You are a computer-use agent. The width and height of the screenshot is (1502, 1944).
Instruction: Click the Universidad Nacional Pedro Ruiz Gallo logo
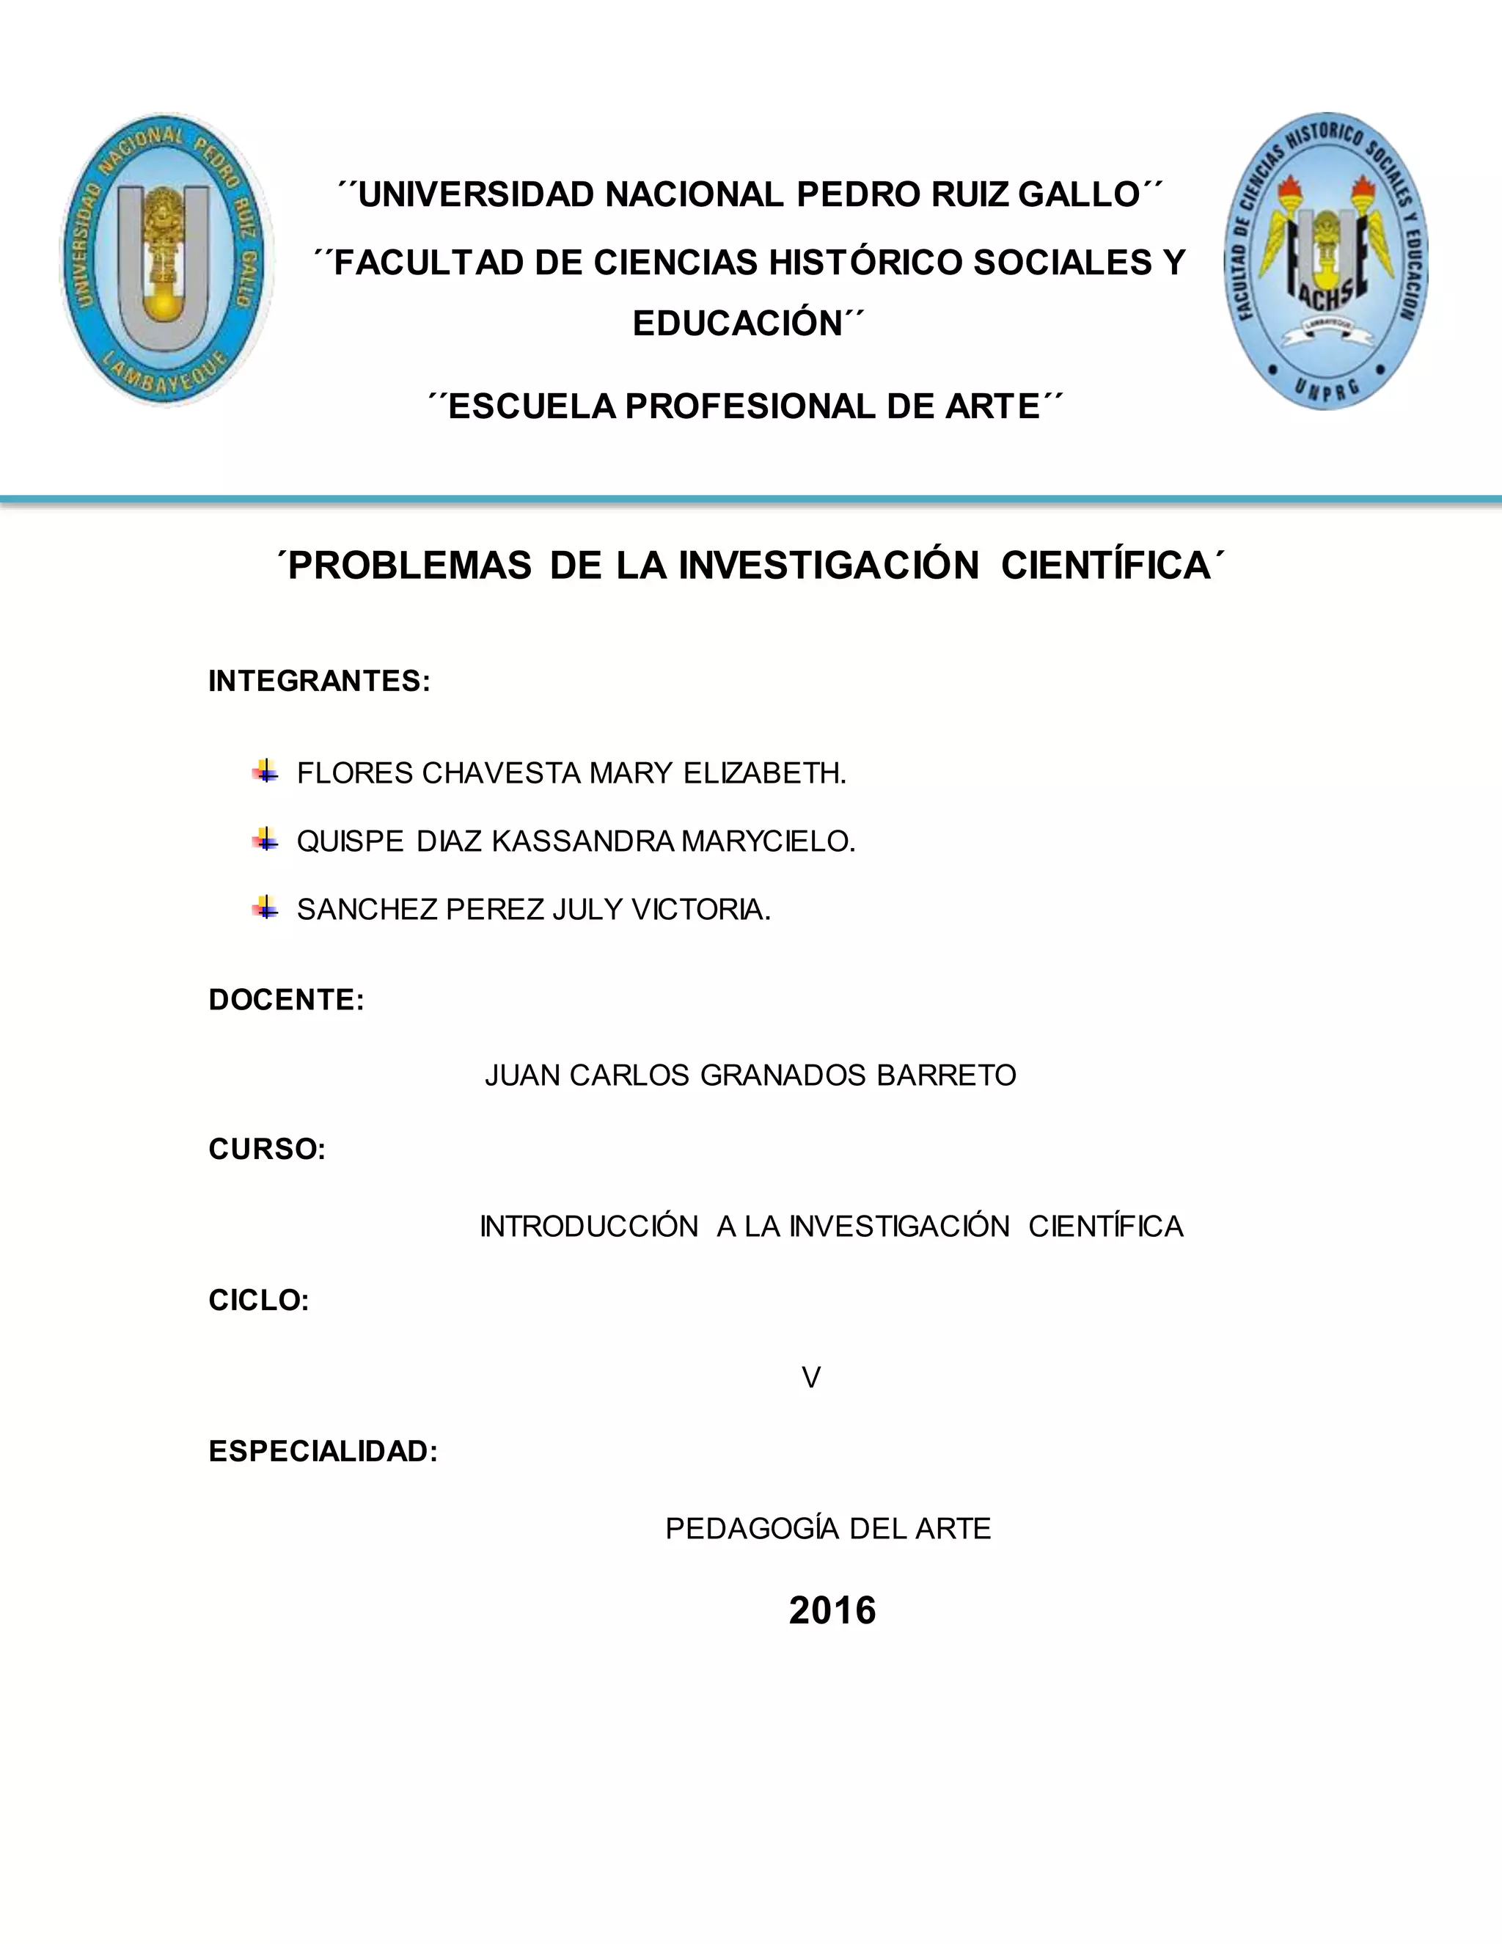point(166,259)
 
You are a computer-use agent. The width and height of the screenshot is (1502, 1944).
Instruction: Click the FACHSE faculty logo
point(1325,261)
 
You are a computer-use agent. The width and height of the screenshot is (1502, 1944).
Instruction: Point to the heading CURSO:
point(267,1149)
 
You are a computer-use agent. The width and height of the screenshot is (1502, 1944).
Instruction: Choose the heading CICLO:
point(259,1301)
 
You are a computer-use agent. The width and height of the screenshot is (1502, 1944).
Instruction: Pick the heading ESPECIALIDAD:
point(323,1452)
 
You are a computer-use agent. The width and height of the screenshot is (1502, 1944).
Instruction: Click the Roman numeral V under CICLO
point(810,1378)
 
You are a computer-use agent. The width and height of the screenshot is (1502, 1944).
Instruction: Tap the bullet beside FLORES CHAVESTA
point(265,771)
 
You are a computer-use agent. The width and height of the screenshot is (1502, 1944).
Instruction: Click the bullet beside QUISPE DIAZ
point(265,838)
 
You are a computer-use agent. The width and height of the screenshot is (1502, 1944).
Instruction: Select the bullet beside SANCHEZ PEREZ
point(265,908)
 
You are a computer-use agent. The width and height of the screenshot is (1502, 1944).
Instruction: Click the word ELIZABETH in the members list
point(764,773)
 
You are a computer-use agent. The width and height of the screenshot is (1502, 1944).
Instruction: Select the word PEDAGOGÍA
point(752,1528)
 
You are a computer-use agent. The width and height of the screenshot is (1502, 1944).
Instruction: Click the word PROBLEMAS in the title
point(409,566)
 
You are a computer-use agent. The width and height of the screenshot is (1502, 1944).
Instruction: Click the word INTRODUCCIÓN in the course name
point(589,1227)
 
